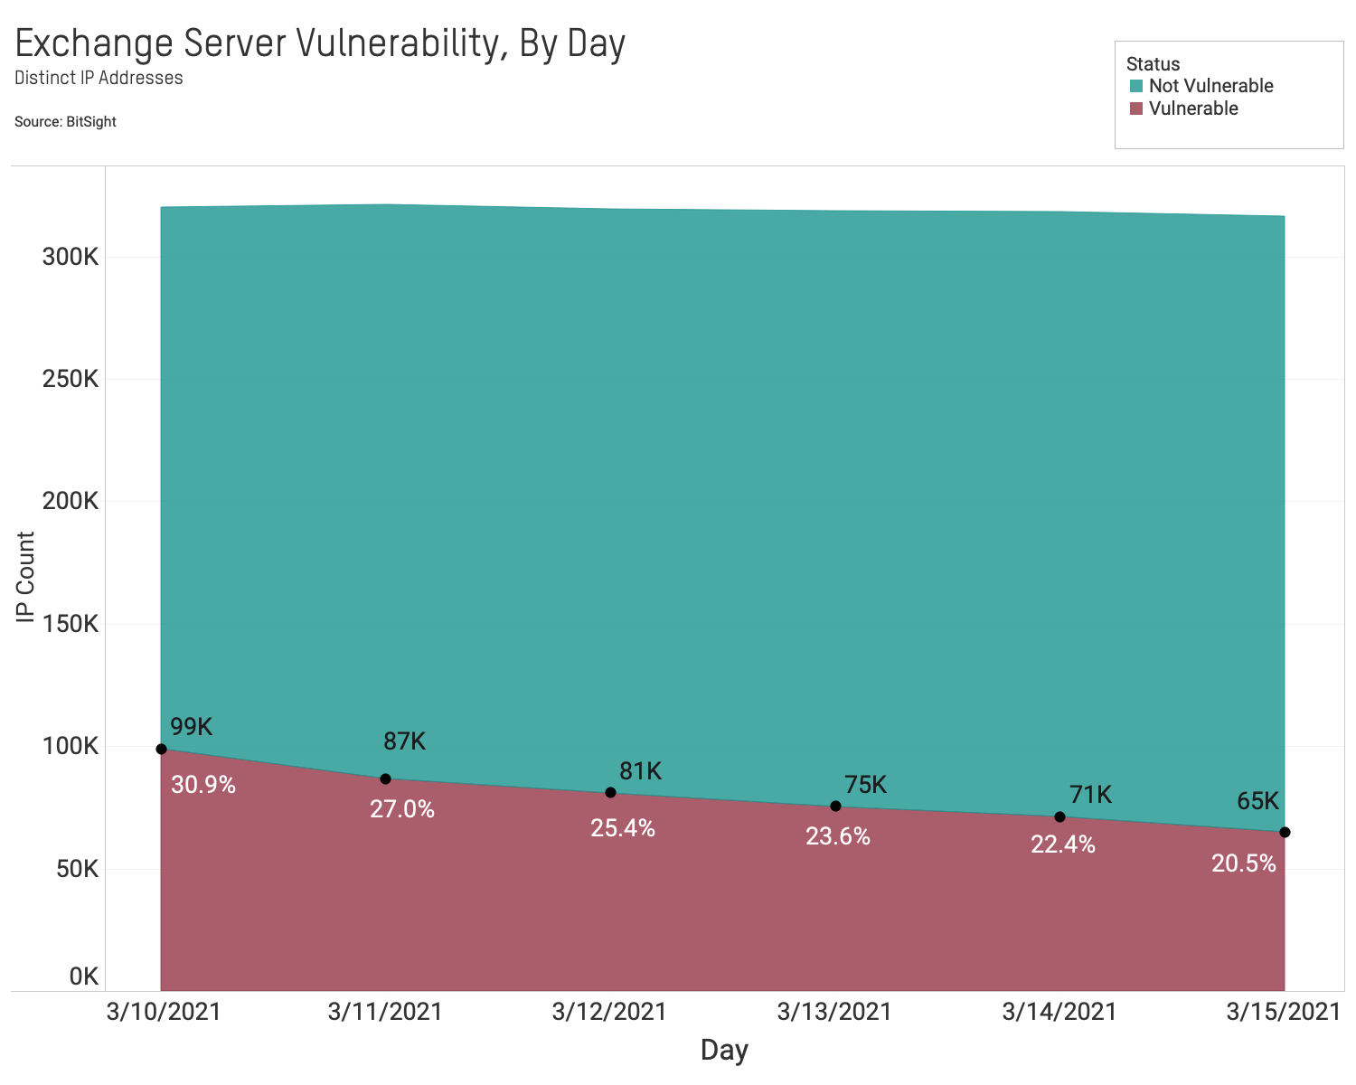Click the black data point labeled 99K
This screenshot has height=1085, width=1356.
[161, 749]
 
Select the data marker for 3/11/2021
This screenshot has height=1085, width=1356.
[385, 778]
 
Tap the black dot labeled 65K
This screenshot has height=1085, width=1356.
[1285, 832]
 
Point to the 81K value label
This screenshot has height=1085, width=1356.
[640, 771]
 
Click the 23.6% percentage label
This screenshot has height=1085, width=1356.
[837, 836]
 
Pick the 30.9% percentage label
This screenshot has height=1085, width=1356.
[202, 785]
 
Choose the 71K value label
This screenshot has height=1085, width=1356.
[1090, 795]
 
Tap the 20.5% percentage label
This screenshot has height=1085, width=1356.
[1243, 863]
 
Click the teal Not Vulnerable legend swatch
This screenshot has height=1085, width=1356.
[1136, 87]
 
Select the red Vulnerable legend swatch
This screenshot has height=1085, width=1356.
[1136, 109]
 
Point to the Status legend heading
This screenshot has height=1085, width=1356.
[1153, 64]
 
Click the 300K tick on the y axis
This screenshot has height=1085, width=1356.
[70, 257]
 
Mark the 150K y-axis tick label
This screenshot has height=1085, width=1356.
[70, 624]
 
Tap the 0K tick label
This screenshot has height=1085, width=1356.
[83, 976]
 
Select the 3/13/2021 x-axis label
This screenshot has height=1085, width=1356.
[833, 1012]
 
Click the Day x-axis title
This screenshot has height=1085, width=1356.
[724, 1050]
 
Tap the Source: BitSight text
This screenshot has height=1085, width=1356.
[65, 121]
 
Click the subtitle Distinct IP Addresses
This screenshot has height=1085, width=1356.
[99, 78]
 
